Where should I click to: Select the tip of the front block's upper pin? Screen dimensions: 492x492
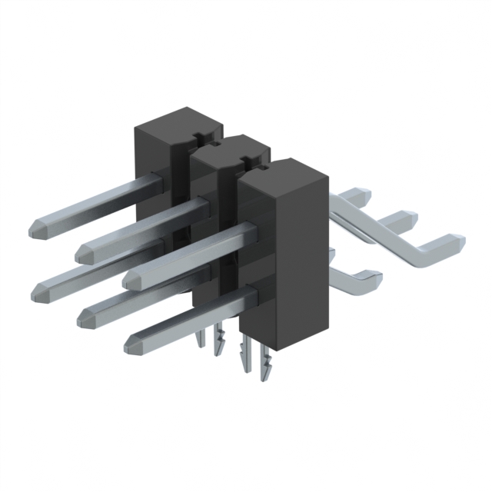click(131, 275)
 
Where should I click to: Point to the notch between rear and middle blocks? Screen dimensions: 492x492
click(198, 138)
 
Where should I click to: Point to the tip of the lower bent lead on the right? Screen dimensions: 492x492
click(374, 274)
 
